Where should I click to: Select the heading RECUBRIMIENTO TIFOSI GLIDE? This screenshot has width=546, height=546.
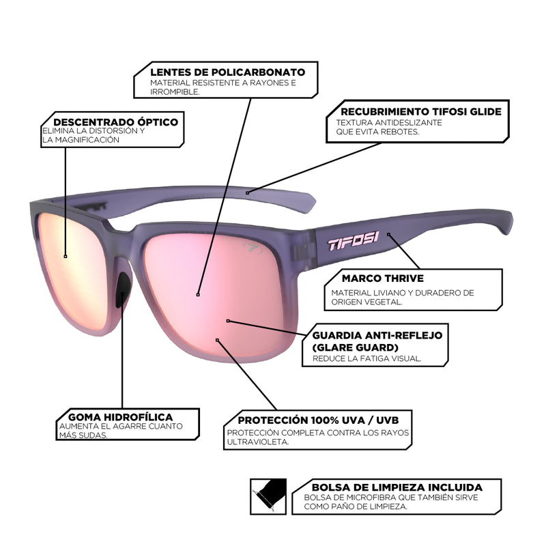pos(421,111)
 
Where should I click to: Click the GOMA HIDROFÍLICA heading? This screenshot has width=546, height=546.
pos(120,416)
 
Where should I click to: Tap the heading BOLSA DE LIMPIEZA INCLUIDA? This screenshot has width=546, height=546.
pos(397,487)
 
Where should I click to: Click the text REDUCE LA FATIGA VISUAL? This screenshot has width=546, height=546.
pos(367,358)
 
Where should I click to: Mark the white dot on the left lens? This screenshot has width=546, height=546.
pos(66,256)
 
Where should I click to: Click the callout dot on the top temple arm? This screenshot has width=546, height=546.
pos(248,193)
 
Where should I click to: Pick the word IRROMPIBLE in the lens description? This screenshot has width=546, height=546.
pos(175,92)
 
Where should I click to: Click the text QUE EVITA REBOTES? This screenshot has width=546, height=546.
pos(373,132)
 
